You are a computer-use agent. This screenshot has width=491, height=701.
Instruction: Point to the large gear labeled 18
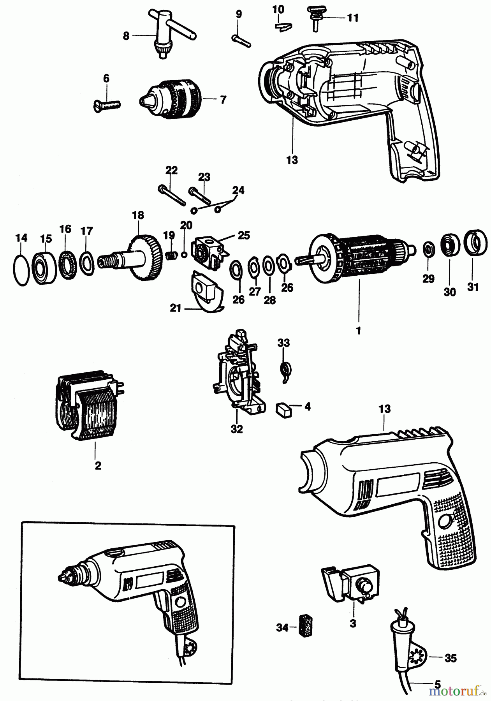coord(144,257)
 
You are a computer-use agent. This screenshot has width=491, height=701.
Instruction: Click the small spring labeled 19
coord(169,255)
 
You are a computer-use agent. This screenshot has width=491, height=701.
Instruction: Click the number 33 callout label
coord(283,343)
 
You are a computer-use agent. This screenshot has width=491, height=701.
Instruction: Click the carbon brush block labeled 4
coord(283,409)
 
